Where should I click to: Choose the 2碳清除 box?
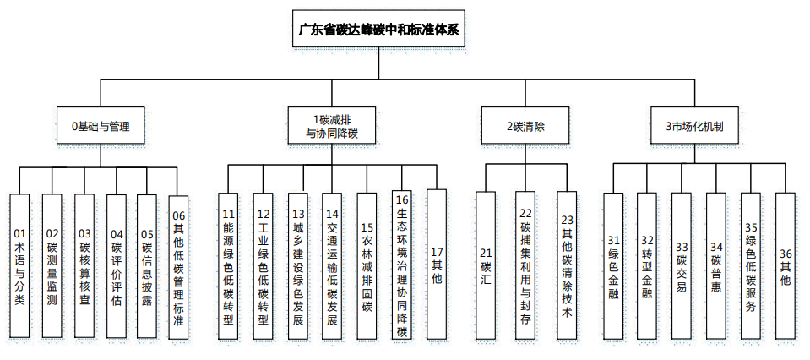coord(525,126)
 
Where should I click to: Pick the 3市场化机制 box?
coord(693,126)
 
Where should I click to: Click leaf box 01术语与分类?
coord(20,266)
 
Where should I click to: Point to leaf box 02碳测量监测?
coord(52,266)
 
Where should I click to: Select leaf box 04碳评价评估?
coord(117,266)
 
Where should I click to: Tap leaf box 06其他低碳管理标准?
coord(178,267)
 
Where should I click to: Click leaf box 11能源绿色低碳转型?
coord(228,267)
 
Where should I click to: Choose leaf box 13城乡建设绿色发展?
coord(297,267)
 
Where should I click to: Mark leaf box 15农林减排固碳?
coord(367,267)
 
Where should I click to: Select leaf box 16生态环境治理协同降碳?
coord(402,265)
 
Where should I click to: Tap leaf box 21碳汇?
coord(485,266)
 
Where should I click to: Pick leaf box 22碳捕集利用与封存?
coord(525,266)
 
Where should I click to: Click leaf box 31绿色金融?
coord(613,266)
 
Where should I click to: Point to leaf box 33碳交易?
coord(682,266)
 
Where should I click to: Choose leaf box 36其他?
coord(786,266)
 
